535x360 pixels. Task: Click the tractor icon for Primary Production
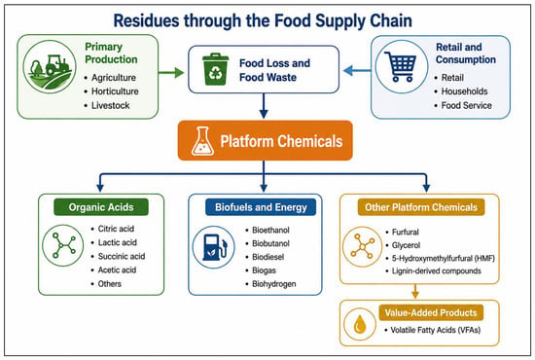pos(50,67)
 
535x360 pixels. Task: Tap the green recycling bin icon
pos(215,69)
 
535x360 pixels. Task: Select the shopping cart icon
pos(400,66)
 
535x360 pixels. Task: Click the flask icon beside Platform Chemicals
pos(202,141)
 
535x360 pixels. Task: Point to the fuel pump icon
pos(214,247)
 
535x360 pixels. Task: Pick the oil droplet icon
pos(359,324)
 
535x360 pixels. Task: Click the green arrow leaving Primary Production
pos(171,72)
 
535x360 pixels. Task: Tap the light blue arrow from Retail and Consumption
pos(357,71)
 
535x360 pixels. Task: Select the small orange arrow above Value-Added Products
pos(415,291)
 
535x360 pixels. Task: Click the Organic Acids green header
pos(101,207)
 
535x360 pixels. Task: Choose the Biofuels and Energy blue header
pos(261,207)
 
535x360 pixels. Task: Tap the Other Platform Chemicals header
pos(421,207)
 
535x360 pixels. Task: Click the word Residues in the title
pos(146,20)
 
